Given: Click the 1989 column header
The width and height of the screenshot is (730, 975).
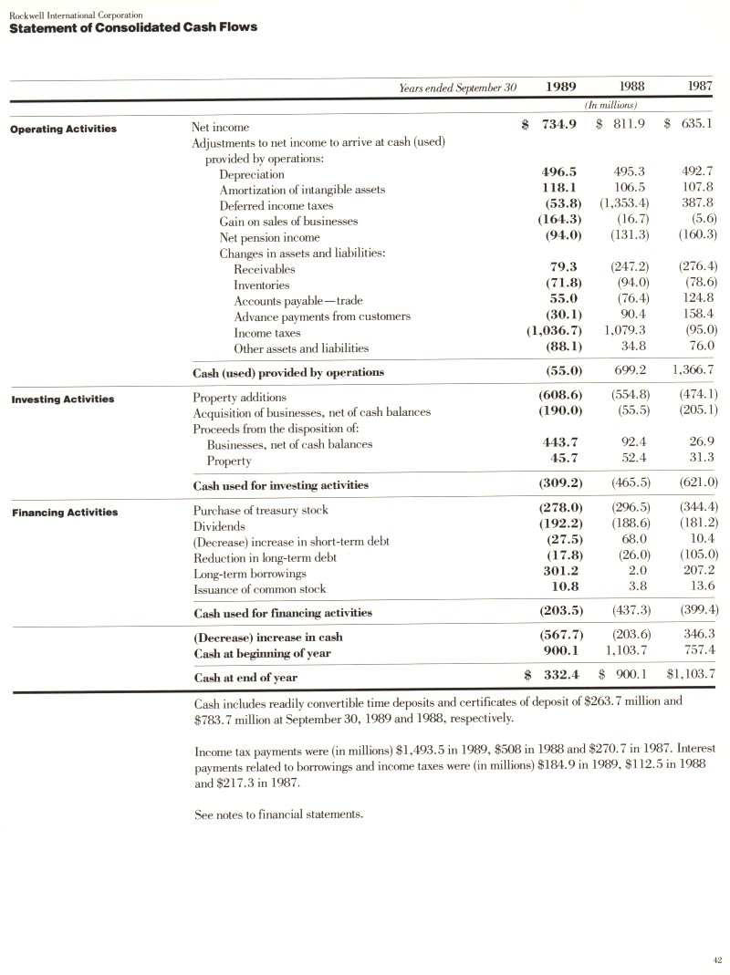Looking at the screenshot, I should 559,87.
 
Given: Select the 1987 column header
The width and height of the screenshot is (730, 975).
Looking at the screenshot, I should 701,87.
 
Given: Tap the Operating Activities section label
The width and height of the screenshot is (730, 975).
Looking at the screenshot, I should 63,129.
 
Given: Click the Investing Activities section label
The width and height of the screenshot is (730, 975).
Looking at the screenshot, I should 62,399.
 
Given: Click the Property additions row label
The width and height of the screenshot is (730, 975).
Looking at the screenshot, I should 239,397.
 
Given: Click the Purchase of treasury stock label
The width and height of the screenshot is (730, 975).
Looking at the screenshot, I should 260,510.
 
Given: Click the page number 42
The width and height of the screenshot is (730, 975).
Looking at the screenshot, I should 716,959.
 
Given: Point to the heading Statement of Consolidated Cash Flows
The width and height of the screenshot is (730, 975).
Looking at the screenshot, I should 132,26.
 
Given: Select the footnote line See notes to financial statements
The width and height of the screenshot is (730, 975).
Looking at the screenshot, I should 279,814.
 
